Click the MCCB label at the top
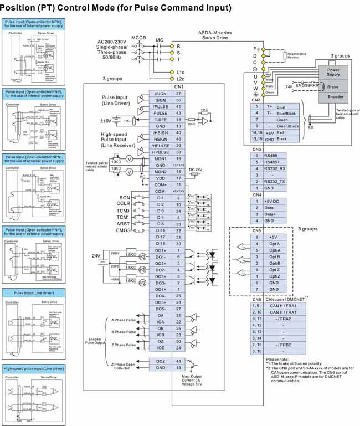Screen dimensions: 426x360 tap(138, 37)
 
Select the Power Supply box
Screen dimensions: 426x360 tap(333, 73)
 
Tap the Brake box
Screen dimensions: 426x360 tap(333, 87)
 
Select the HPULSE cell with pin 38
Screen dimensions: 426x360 tap(161, 152)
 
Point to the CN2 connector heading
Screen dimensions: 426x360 tap(256, 100)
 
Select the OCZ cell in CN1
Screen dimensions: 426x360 tap(161, 361)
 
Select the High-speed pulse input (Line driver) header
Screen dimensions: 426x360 tap(34, 368)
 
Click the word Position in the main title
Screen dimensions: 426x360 tap(24, 8)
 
